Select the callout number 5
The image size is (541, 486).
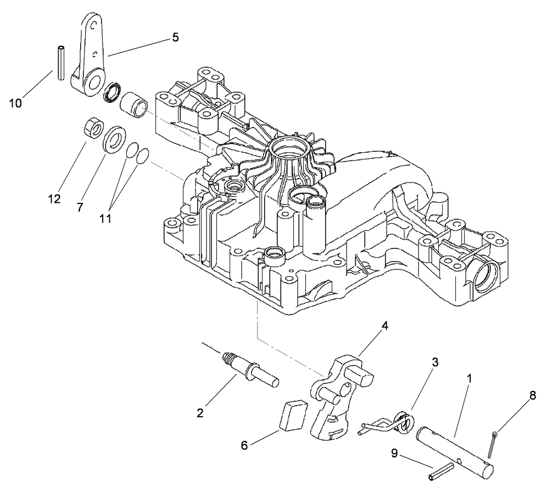(175, 37)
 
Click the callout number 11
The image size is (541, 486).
(105, 218)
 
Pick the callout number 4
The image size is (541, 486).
(385, 325)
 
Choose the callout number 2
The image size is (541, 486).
(200, 413)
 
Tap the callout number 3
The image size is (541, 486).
(434, 362)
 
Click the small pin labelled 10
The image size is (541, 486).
(61, 63)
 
